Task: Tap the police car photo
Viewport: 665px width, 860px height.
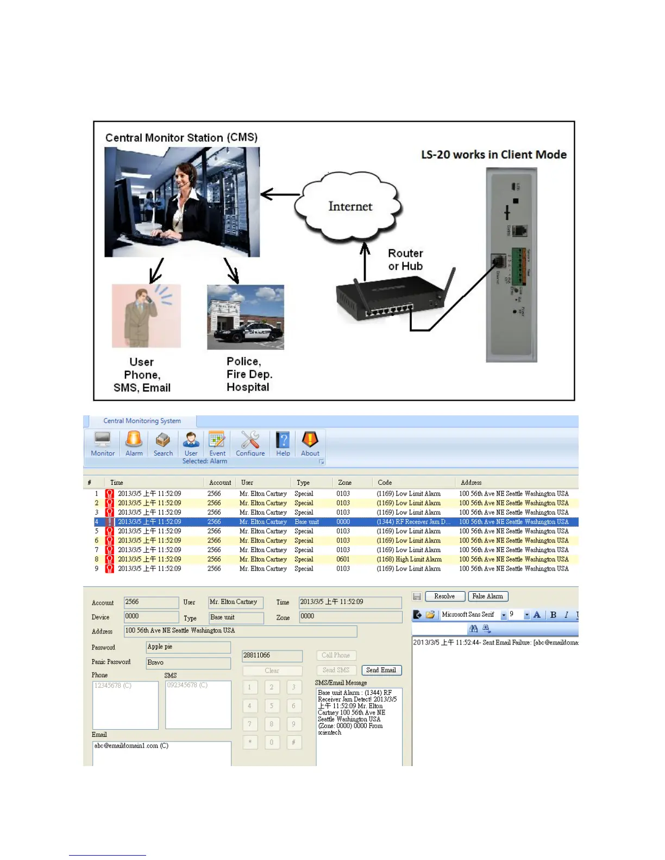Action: pyautogui.click(x=246, y=318)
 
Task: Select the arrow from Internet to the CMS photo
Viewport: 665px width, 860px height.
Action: pyautogui.click(x=280, y=194)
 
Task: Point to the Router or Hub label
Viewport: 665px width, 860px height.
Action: pyautogui.click(x=405, y=260)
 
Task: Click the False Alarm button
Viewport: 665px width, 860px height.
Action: pyautogui.click(x=488, y=596)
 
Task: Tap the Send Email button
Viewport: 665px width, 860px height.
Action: pyautogui.click(x=381, y=670)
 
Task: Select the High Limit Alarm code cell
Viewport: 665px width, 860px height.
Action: pyautogui.click(x=409, y=559)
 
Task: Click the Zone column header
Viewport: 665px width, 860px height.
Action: pyautogui.click(x=345, y=482)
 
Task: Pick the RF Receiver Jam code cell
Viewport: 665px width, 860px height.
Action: pyautogui.click(x=413, y=522)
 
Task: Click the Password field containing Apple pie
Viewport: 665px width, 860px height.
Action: pyautogui.click(x=188, y=647)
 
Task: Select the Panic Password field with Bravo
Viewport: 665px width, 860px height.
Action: pyautogui.click(x=188, y=662)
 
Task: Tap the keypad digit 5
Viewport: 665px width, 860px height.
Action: pyautogui.click(x=272, y=706)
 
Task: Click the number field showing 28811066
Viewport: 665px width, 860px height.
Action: pyautogui.click(x=272, y=655)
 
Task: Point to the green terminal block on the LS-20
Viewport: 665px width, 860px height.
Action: pyautogui.click(x=519, y=267)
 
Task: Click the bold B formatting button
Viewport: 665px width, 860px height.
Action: pyautogui.click(x=553, y=615)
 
